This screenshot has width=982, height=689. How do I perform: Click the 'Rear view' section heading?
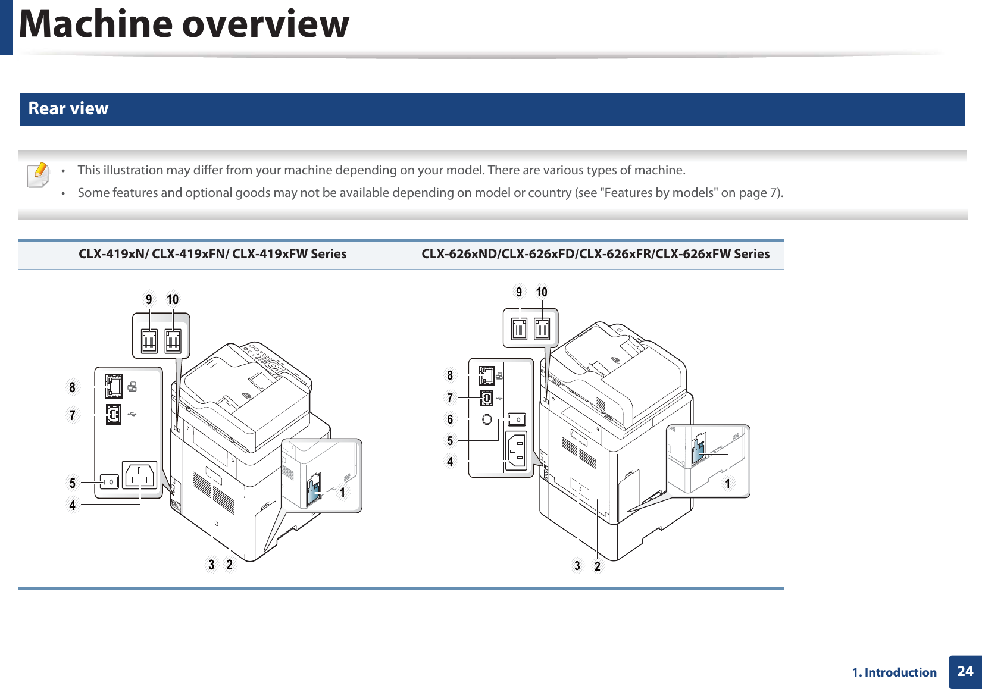(68, 108)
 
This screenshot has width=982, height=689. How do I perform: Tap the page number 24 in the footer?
(965, 671)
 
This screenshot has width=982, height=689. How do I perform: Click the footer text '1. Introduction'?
(894, 672)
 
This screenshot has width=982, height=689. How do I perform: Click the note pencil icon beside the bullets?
(39, 175)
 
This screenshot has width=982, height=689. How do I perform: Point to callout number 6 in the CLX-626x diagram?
(450, 419)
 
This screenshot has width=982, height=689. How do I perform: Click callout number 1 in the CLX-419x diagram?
(342, 493)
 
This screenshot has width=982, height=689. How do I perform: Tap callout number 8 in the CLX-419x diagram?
(73, 387)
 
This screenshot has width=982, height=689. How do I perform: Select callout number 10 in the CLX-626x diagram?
(542, 292)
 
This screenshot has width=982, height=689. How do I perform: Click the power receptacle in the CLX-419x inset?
(139, 475)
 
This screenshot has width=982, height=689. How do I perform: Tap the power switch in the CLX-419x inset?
(110, 481)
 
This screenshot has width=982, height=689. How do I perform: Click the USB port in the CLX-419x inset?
(114, 414)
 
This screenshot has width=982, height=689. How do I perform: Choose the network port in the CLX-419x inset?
(113, 387)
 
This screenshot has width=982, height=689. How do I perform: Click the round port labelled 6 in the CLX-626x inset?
(487, 419)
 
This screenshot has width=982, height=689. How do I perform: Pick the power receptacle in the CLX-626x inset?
(515, 450)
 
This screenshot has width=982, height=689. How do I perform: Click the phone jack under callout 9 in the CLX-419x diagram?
(149, 341)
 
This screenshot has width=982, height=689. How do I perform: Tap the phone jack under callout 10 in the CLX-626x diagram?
(542, 328)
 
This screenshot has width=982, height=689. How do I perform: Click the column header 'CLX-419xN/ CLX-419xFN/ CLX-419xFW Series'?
(212, 254)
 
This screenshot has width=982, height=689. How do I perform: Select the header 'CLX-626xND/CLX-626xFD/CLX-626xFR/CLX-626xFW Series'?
(595, 254)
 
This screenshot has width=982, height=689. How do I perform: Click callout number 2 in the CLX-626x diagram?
(598, 566)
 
